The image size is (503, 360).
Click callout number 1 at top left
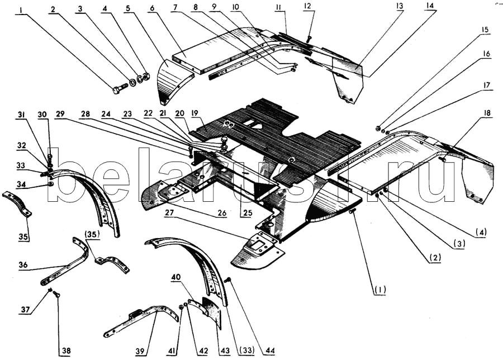click(21, 10)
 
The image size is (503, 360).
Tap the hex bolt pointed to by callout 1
click(119, 88)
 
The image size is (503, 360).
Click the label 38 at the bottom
click(66, 350)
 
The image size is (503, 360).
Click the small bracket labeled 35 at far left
click(17, 203)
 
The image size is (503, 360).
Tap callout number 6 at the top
click(151, 10)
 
